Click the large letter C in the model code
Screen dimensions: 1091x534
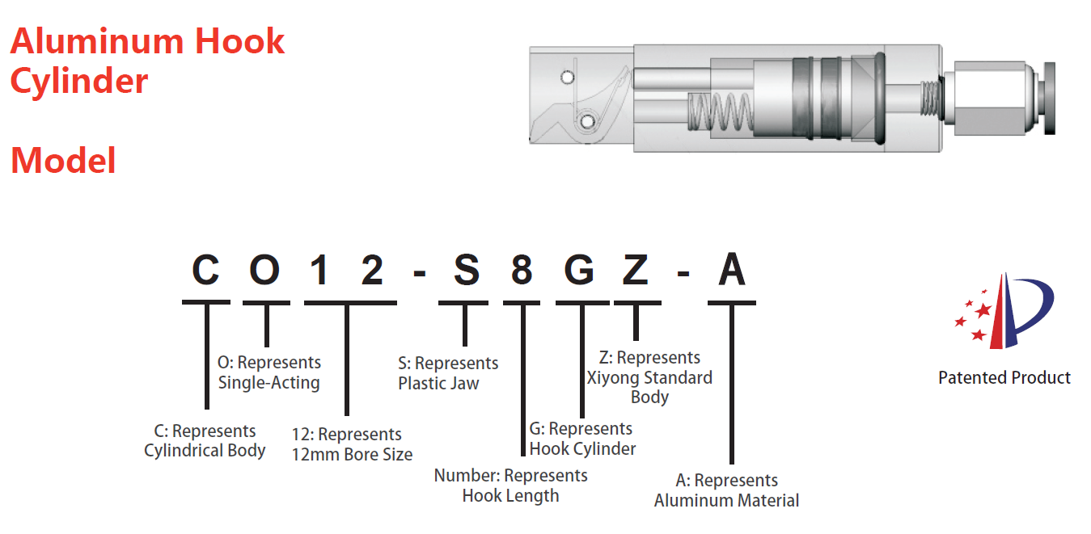click(205, 270)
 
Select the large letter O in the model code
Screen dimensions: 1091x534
click(264, 270)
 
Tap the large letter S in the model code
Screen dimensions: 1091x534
click(467, 270)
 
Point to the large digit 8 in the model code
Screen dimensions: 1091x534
click(522, 270)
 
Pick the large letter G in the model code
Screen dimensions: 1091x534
click(579, 270)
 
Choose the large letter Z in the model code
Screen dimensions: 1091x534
click(636, 270)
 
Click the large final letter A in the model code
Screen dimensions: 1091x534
click(732, 269)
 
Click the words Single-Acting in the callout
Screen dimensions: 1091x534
click(269, 383)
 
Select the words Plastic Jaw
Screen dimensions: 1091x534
click(438, 383)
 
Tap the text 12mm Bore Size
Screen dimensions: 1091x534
click(352, 454)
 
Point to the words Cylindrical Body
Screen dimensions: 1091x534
click(205, 450)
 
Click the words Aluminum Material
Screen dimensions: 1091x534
click(726, 500)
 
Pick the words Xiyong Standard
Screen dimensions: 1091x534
click(649, 378)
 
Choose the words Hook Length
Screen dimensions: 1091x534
click(510, 496)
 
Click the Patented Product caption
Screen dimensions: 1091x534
click(1004, 377)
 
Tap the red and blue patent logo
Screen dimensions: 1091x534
click(1004, 311)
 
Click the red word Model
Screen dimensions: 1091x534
click(63, 161)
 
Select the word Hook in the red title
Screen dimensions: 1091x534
click(239, 41)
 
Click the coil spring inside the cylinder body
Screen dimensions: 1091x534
click(720, 113)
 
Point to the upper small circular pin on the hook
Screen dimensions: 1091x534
click(568, 77)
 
